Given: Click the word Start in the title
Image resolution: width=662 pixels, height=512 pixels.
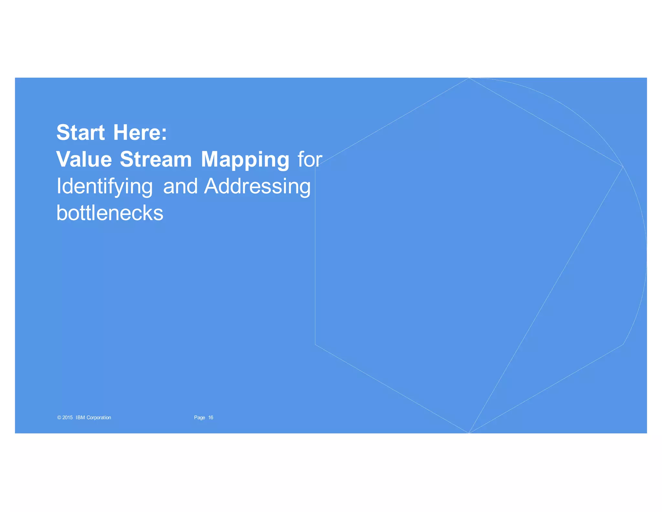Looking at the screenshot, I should pyautogui.click(x=80, y=132).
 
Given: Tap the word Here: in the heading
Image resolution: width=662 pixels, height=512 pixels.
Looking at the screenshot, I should pyautogui.click(x=140, y=132).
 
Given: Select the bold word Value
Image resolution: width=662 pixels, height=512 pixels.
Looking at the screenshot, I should pyautogui.click(x=84, y=159).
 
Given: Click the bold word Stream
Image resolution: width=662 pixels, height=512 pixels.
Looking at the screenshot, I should pyautogui.click(x=156, y=159).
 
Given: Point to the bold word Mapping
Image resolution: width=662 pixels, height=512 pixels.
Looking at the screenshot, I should pyautogui.click(x=245, y=160).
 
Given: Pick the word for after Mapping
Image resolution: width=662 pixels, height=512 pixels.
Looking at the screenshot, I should pyautogui.click(x=310, y=159).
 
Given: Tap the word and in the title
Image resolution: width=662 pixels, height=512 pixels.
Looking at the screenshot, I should pyautogui.click(x=180, y=186).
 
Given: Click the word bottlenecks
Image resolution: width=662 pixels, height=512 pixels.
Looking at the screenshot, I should pyautogui.click(x=110, y=213).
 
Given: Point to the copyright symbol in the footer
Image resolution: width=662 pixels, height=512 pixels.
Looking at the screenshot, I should pyautogui.click(x=59, y=417).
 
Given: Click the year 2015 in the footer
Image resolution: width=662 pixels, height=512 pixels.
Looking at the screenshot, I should pyautogui.click(x=68, y=417).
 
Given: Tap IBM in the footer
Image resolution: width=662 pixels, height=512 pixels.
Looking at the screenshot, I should pyautogui.click(x=80, y=417).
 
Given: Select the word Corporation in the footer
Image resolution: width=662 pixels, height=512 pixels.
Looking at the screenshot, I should pyautogui.click(x=99, y=417).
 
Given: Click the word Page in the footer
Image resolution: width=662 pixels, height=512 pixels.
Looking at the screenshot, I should pyautogui.click(x=199, y=417).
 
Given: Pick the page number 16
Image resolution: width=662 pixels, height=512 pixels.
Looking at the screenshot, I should pyautogui.click(x=211, y=417).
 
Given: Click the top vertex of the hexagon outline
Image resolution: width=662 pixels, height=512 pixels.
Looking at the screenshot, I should pyautogui.click(x=469, y=78).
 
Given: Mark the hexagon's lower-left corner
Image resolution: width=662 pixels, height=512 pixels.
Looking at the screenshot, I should pyautogui.click(x=315, y=345).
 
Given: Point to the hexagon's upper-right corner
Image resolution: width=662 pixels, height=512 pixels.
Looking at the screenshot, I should pyautogui.click(x=623, y=167).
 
